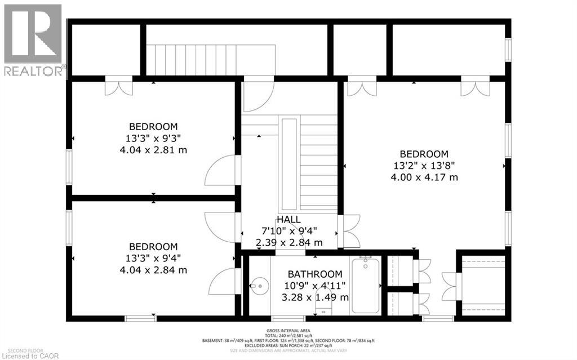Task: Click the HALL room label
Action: pos(288,220)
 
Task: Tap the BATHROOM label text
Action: pos(315,274)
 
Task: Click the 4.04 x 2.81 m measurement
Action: pos(153,150)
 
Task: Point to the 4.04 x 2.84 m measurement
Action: pos(153,270)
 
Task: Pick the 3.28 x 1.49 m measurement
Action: pos(315,297)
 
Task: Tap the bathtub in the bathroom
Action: pos(366,285)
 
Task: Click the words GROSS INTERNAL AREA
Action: pos(288,331)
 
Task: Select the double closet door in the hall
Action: pos(349,231)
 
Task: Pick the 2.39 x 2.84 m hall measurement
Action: pos(288,243)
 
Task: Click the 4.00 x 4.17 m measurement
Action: pos(424,177)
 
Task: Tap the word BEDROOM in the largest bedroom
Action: pos(424,154)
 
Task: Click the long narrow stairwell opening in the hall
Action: pos(288,163)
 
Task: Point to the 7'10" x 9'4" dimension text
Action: pos(288,231)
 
